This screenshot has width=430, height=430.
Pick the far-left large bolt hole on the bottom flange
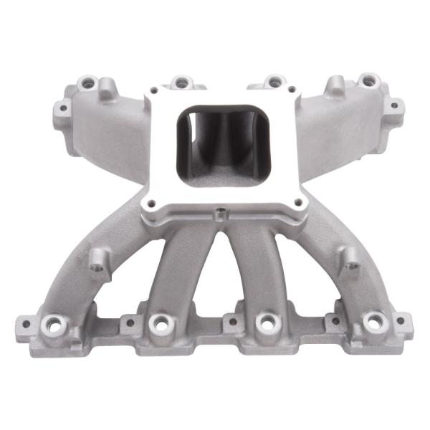pos(51,322)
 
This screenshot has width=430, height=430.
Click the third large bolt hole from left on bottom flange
pos(266,322)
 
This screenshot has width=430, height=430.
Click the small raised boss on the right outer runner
pos(351,264)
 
